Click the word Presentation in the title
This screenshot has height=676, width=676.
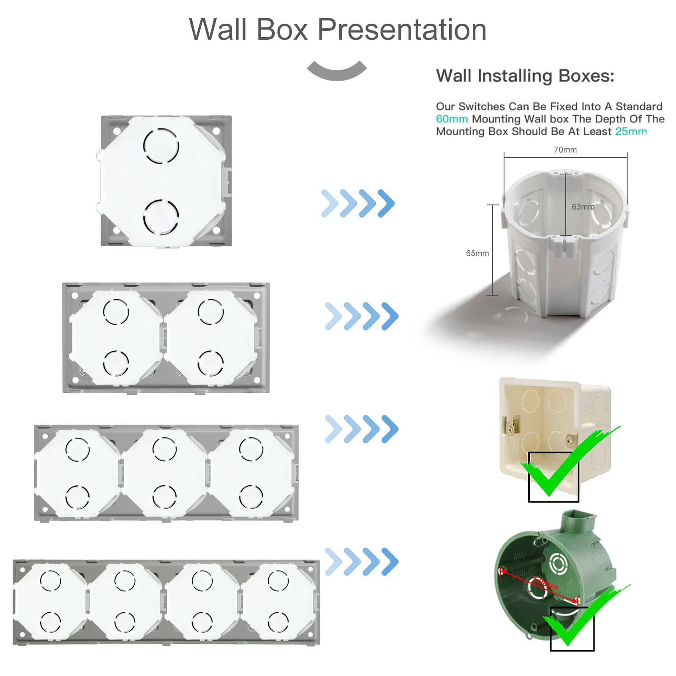point(402,30)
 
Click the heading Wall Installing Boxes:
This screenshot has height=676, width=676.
point(525,76)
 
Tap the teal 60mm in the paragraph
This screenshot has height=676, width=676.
point(452,119)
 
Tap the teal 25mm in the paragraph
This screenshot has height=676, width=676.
point(631,131)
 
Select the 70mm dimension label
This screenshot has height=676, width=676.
point(565,150)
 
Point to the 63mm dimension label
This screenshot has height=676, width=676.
point(583,207)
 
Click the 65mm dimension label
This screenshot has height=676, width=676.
point(477,253)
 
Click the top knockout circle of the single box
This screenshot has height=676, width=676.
point(161,145)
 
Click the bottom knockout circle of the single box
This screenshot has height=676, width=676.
point(161,217)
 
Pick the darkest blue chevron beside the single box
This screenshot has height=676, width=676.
point(386,203)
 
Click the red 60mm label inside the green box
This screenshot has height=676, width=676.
point(545,583)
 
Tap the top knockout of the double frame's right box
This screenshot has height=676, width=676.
point(210,311)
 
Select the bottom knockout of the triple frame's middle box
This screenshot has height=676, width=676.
point(164,496)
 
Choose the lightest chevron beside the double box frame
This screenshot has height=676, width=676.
point(333,316)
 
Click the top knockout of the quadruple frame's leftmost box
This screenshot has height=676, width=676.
point(50,580)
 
